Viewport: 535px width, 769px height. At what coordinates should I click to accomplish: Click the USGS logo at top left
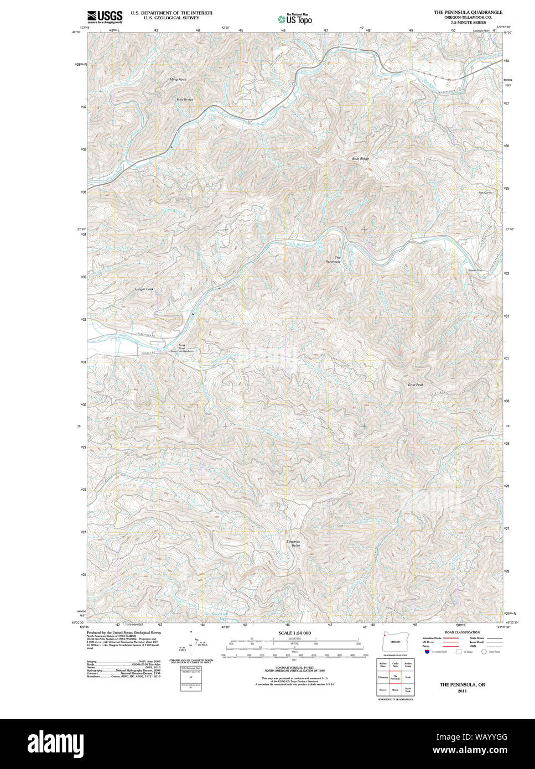point(105,17)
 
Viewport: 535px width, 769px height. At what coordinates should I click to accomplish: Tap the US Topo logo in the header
point(295,19)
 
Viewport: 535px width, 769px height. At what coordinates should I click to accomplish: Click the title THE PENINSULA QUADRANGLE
point(468,12)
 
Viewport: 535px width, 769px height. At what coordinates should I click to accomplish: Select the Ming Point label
point(178,80)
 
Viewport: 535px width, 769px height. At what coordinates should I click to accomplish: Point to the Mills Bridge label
point(185,100)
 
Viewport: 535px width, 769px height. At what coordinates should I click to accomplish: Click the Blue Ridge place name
point(360,159)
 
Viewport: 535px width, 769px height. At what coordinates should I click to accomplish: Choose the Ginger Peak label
point(144,289)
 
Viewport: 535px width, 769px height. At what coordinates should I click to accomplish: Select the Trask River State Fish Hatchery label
point(181,349)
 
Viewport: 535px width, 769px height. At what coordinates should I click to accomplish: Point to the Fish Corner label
point(485,193)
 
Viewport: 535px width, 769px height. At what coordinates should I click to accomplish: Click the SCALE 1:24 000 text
point(294,632)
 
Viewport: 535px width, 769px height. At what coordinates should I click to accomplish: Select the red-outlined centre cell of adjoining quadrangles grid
point(395,677)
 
